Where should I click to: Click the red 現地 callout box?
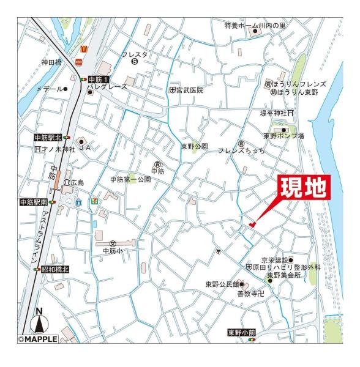(x=304, y=188)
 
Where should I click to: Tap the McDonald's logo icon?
(x=84, y=46)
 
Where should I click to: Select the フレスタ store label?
(x=133, y=54)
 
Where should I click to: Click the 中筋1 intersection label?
(x=98, y=80)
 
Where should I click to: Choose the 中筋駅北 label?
(x=48, y=138)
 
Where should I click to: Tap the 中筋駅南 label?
(x=34, y=202)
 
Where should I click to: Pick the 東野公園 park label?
(x=194, y=147)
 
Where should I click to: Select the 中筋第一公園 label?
(x=130, y=179)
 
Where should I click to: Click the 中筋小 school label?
(x=113, y=251)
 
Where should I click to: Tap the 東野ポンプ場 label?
(x=283, y=136)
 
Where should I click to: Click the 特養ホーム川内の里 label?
(x=255, y=26)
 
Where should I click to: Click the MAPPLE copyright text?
(x=38, y=339)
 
